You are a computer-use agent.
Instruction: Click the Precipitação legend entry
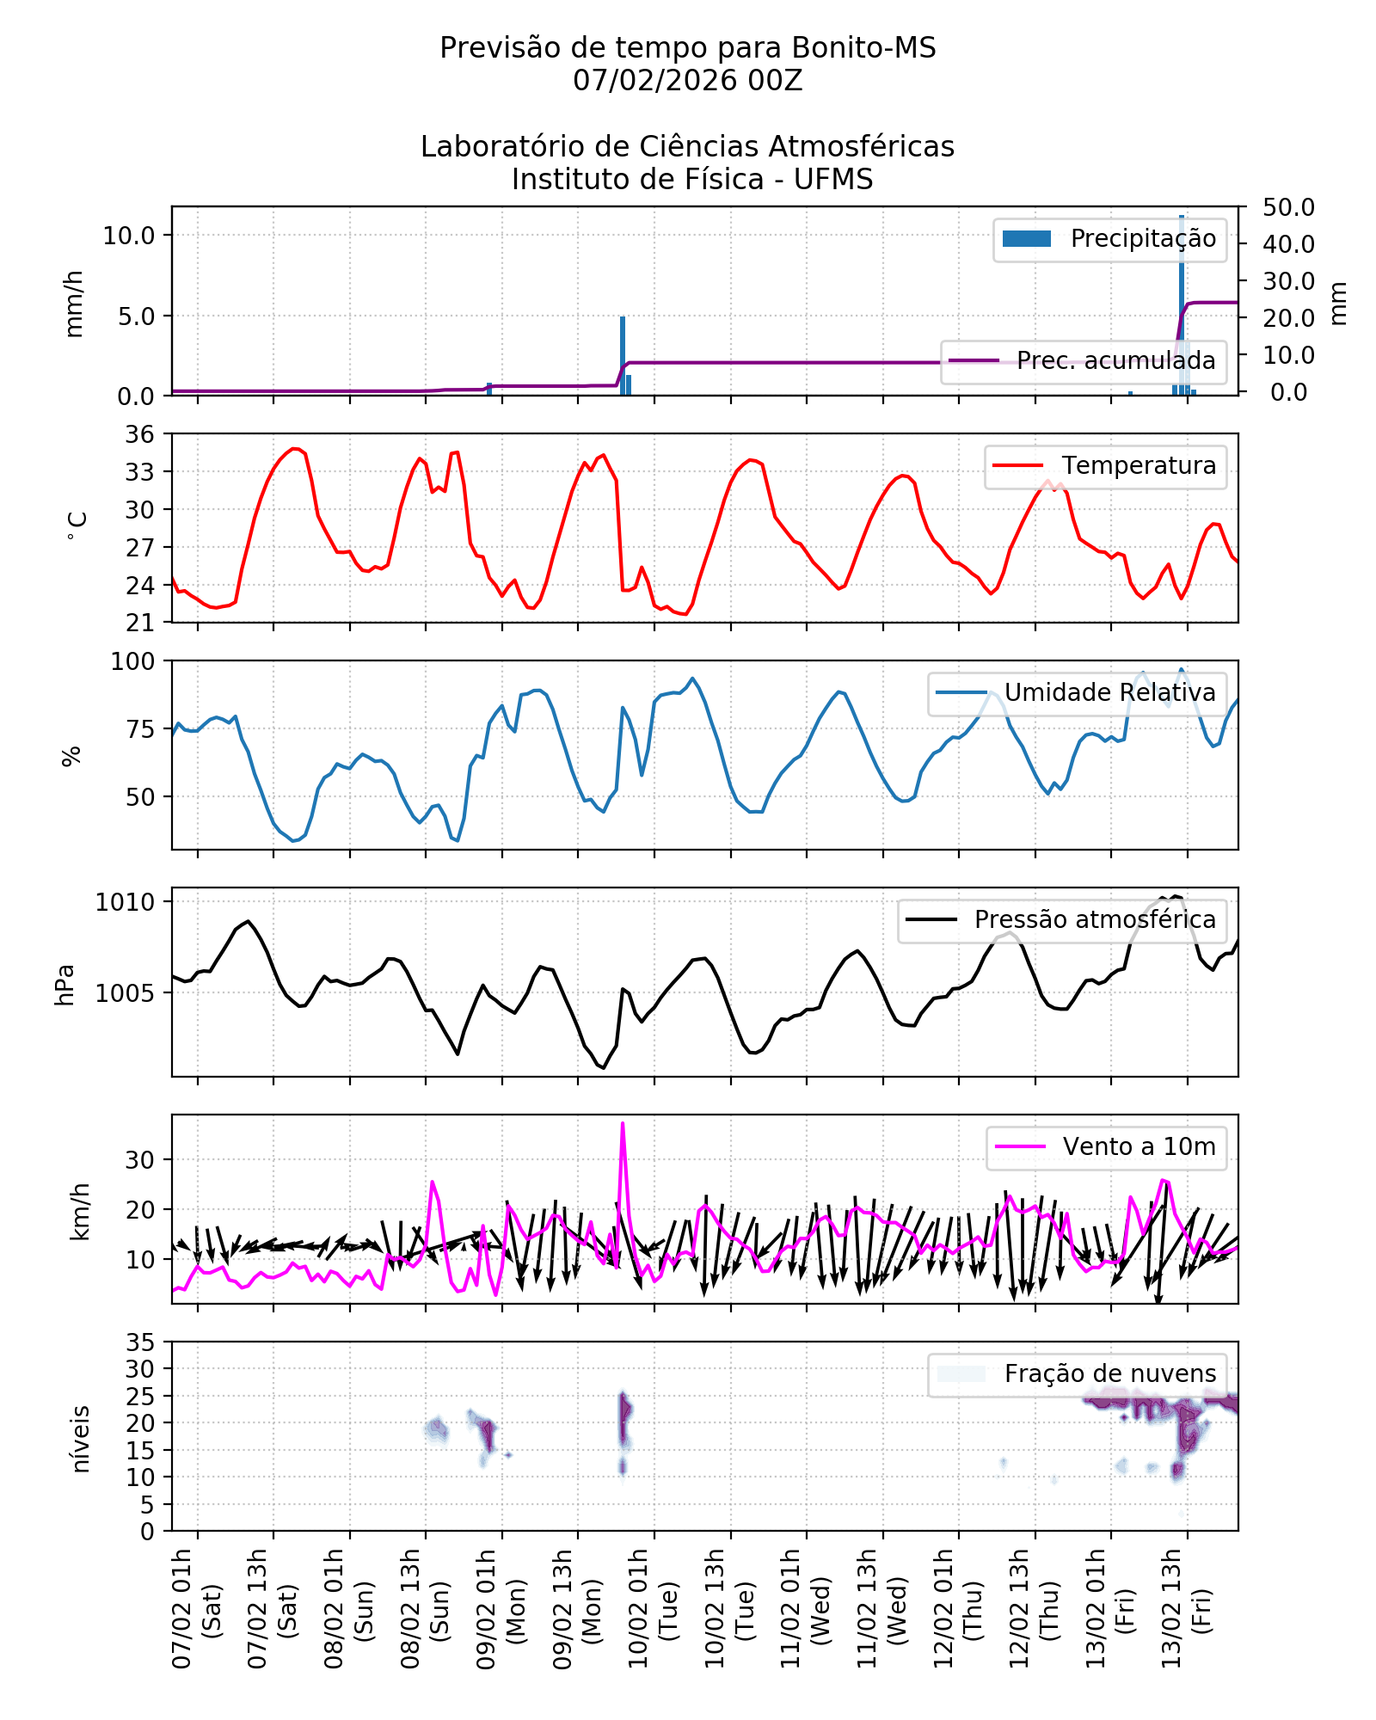[1109, 239]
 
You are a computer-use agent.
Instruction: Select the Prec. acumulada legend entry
[1083, 360]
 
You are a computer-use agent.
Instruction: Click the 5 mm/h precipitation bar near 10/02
[623, 354]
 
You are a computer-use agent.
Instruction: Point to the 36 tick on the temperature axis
[140, 434]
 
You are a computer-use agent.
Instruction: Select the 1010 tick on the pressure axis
[125, 902]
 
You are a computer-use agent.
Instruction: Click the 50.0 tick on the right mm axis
[1288, 207]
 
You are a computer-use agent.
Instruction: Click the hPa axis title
[65, 984]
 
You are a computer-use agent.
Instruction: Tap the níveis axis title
[81, 1439]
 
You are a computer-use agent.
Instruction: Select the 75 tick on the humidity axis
[140, 729]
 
